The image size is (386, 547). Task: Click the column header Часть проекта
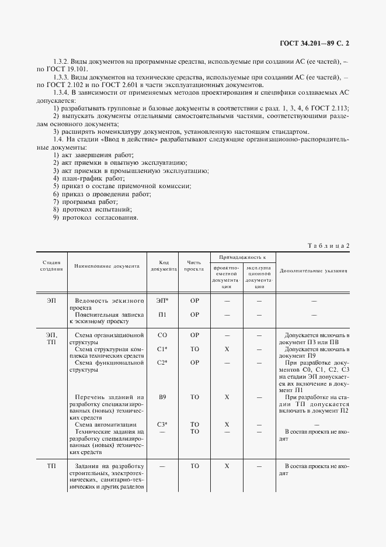[194, 266]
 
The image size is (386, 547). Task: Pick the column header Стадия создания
[51, 265]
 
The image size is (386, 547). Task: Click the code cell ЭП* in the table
[163, 300]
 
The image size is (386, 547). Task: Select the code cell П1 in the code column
[163, 314]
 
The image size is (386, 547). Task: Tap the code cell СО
[163, 335]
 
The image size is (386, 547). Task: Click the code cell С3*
[163, 424]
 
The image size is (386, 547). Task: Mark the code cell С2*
[163, 363]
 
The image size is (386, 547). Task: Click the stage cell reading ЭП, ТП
[51, 338]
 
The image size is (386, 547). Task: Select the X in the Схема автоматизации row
[227, 424]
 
